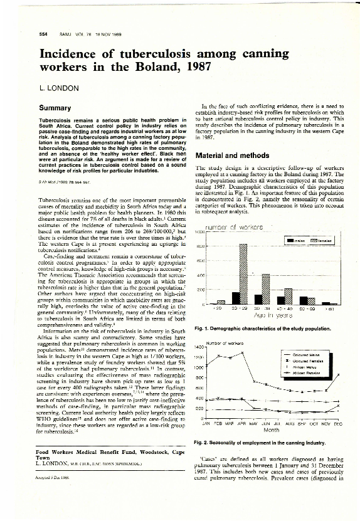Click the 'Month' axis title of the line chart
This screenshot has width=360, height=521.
point(271,430)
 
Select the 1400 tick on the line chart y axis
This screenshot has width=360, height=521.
point(201,346)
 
